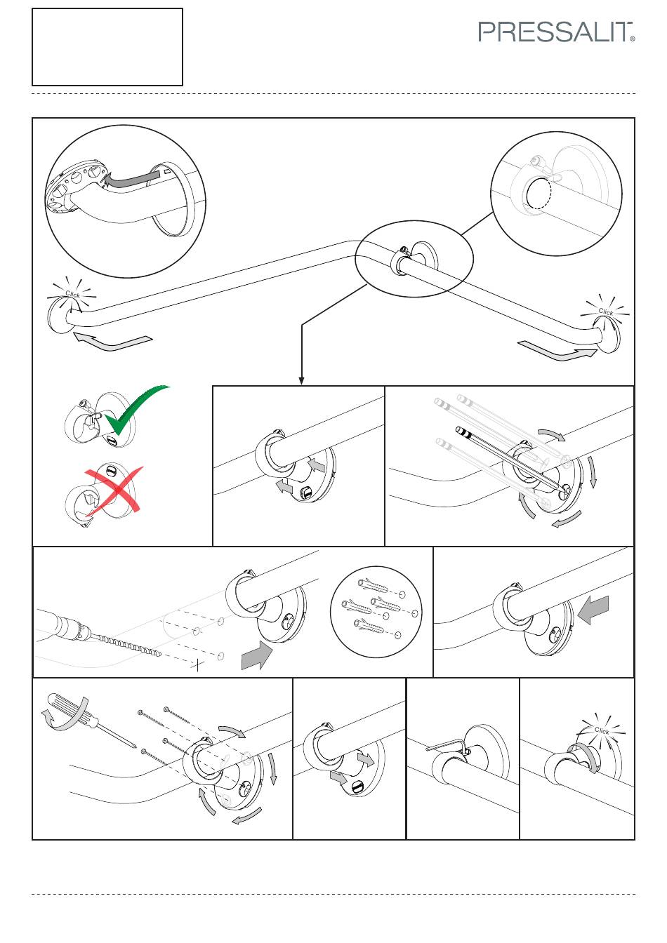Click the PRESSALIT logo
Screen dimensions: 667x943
coord(556,32)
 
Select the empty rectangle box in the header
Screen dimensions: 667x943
coord(107,47)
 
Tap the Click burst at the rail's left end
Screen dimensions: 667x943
coord(72,294)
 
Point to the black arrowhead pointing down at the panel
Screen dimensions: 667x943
coord(301,380)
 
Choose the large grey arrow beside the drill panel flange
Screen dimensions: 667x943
coord(257,655)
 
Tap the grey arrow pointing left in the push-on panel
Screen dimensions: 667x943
coord(593,610)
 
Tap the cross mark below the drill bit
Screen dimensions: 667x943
coord(197,665)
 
